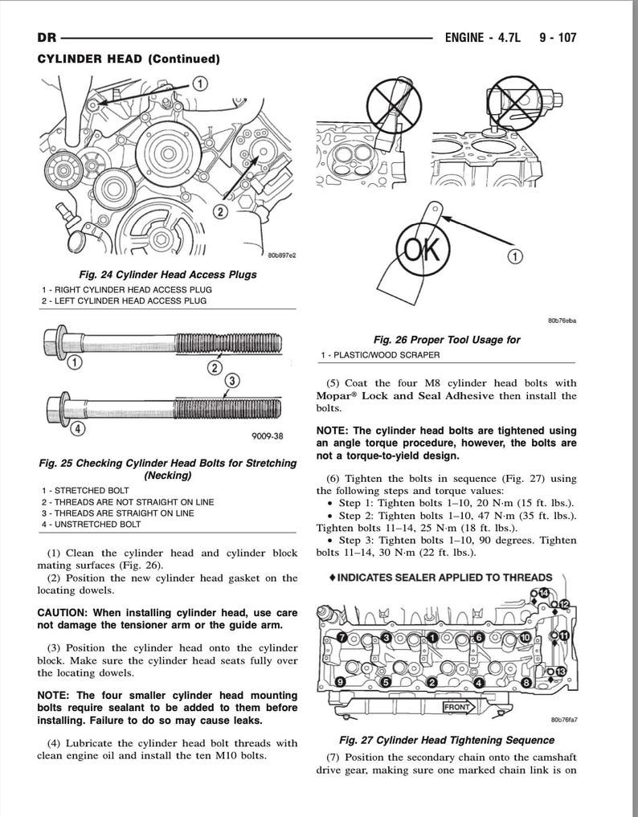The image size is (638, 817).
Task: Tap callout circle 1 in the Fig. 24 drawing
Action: point(198,84)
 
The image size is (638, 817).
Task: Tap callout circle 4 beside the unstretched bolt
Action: point(77,428)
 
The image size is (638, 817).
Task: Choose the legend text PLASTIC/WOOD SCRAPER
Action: point(385,355)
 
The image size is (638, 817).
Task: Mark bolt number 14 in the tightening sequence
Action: point(544,593)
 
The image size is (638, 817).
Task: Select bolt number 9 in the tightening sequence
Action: point(340,681)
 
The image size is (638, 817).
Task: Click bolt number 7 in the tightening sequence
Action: point(341,637)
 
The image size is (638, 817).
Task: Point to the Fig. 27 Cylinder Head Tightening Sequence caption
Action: point(446,740)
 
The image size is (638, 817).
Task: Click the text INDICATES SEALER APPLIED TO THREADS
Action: point(444,578)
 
